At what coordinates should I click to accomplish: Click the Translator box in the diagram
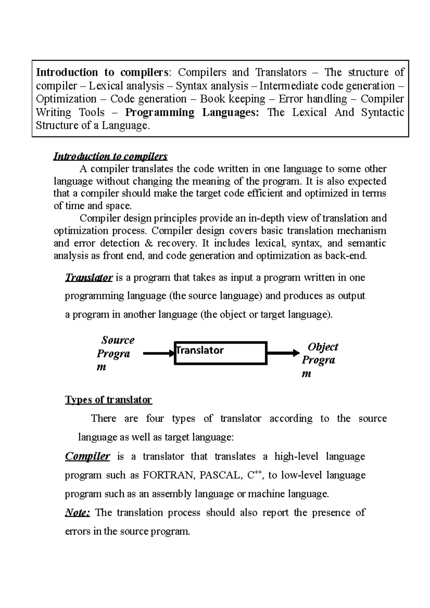[220, 353]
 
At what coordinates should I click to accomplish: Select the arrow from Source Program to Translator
[158, 354]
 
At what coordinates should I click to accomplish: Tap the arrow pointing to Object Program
[283, 353]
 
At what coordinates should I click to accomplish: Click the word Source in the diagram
[118, 340]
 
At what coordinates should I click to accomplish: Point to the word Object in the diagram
[323, 347]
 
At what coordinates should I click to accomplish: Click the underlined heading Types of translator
[108, 400]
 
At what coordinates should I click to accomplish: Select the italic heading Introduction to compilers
[110, 156]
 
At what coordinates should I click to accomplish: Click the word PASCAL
[220, 475]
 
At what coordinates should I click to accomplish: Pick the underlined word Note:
[77, 512]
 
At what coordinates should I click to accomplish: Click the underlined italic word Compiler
[87, 456]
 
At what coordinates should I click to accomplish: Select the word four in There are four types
[155, 418]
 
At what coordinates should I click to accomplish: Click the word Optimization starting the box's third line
[66, 99]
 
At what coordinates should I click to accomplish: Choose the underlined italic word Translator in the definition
[89, 278]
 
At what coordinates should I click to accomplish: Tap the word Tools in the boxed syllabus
[92, 112]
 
